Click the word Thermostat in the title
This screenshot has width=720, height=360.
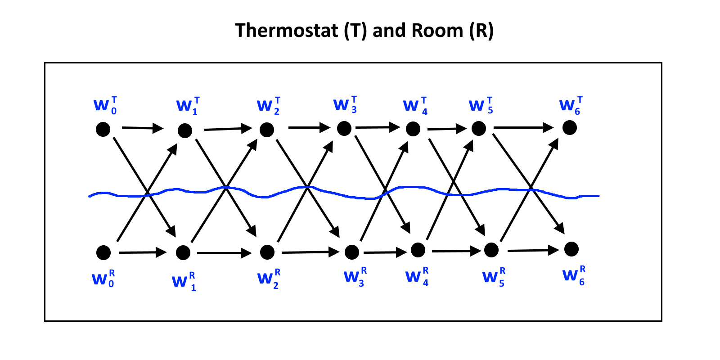coord(286,31)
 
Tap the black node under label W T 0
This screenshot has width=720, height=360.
coord(103,129)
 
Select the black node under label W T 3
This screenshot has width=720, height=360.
coord(344,129)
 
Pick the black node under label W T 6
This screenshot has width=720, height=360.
coord(570,128)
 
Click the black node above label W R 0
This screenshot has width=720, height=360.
coord(103,252)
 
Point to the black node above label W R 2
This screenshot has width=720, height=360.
coord(267,252)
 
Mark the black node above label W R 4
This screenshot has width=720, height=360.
coord(418,250)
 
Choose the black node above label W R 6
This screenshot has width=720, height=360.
coord(571,249)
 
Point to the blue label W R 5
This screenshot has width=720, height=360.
coord(494,277)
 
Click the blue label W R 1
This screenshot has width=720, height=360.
coord(184,282)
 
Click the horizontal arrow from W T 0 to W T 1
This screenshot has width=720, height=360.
coord(143,128)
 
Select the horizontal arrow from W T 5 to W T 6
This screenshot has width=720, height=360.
coord(523,128)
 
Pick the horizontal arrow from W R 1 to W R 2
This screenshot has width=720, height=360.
coord(224,253)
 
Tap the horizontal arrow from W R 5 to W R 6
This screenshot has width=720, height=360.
coord(533,250)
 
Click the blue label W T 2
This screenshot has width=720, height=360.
coord(269,106)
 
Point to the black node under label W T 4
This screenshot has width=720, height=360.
coord(413,129)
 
